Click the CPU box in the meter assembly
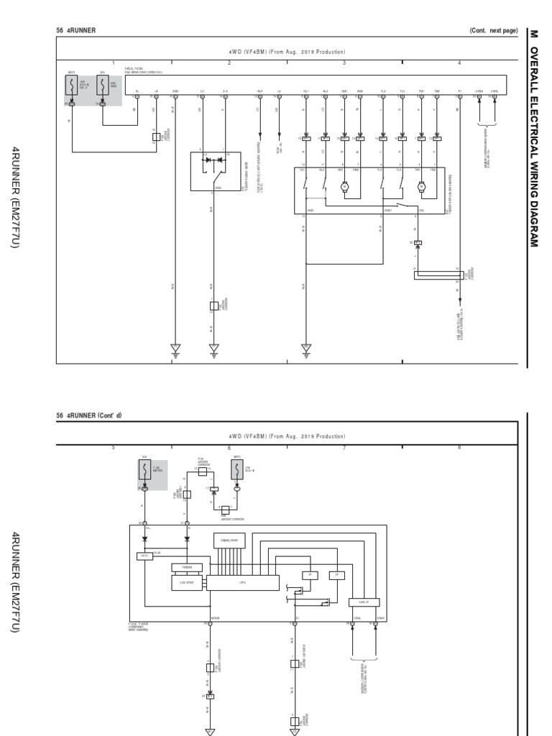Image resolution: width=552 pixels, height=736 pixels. pos(242,583)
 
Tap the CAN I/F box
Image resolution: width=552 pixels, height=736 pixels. pos(363,602)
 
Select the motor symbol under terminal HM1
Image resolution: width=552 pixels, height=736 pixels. pos(344,186)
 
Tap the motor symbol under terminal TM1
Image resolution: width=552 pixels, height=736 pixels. pos(422,186)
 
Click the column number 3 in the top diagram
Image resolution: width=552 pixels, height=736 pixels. pos(344,63)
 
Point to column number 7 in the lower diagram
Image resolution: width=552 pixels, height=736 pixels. pos(344,447)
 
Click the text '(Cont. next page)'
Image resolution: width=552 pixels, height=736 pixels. pos(493,30)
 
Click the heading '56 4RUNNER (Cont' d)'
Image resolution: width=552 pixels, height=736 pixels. pos(89,415)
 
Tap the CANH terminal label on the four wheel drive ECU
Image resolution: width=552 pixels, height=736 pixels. pos(479,91)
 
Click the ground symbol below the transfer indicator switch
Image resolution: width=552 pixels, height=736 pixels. pos(213,349)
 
